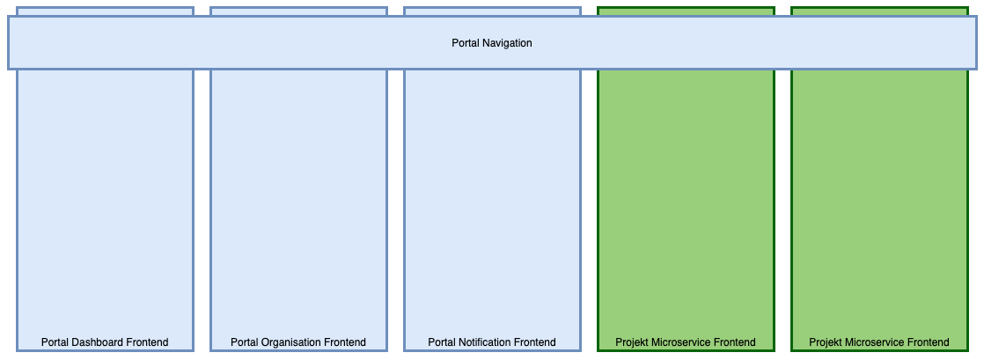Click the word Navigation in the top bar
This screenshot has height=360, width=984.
tap(506, 43)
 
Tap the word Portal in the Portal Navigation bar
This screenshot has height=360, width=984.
tap(465, 43)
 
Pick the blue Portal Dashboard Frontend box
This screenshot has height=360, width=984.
tap(105, 202)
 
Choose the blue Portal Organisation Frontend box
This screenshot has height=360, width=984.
tap(298, 202)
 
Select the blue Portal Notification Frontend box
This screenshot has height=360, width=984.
tap(492, 202)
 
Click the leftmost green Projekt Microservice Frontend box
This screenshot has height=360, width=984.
tap(686, 202)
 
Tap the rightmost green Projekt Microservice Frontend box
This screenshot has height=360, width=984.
tap(879, 202)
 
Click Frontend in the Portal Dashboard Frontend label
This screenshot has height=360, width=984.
tap(147, 342)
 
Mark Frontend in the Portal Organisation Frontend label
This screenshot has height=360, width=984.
tap(345, 342)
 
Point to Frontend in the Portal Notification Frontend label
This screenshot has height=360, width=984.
tap(535, 342)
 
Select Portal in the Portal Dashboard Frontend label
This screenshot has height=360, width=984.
tap(55, 342)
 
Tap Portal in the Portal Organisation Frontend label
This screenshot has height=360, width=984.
tap(245, 342)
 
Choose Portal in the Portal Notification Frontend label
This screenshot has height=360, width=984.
tap(443, 342)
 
